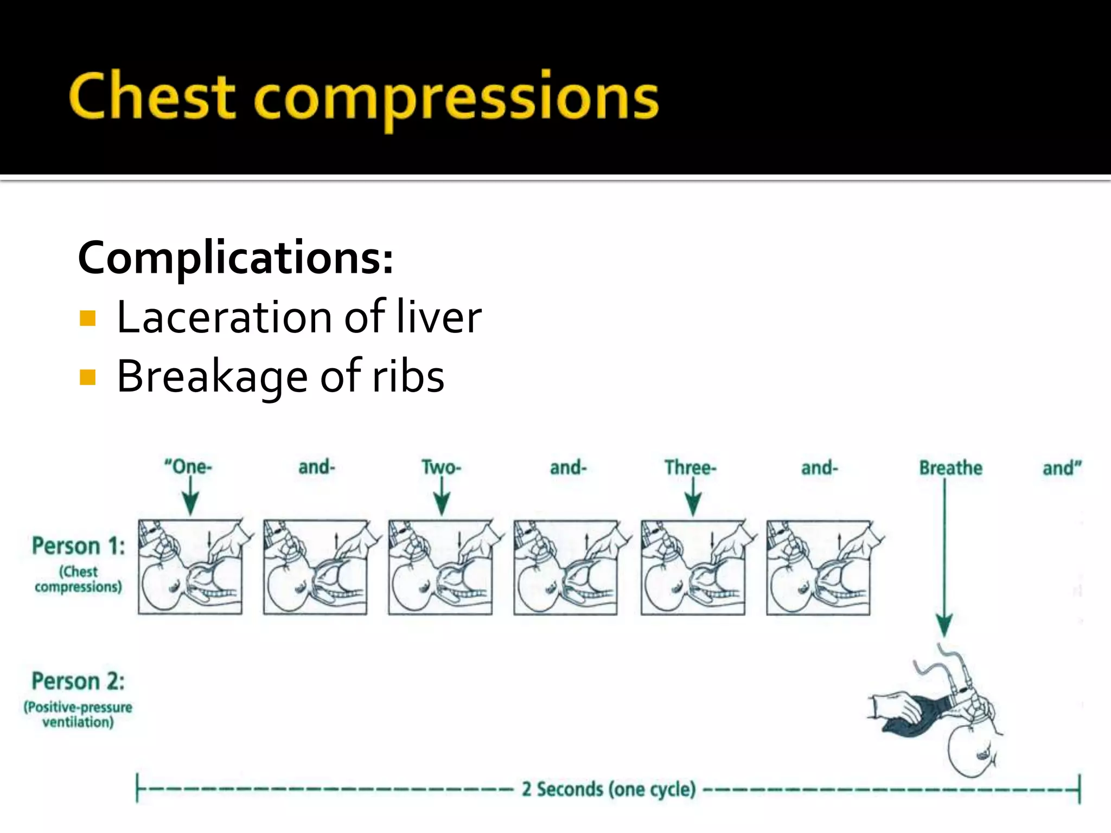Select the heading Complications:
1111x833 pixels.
235,258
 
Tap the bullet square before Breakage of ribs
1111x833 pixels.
87,377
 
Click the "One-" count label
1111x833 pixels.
188,467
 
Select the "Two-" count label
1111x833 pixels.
441,467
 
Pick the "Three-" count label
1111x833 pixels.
691,467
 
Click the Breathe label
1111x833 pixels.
950,468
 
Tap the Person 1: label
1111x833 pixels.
79,546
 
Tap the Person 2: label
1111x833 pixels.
78,682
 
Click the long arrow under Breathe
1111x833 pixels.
944,559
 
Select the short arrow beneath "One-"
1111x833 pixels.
190,496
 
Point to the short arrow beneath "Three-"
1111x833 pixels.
693,497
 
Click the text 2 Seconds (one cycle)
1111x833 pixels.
609,790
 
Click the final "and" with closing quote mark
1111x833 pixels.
1062,468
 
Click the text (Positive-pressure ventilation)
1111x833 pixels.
78,715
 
